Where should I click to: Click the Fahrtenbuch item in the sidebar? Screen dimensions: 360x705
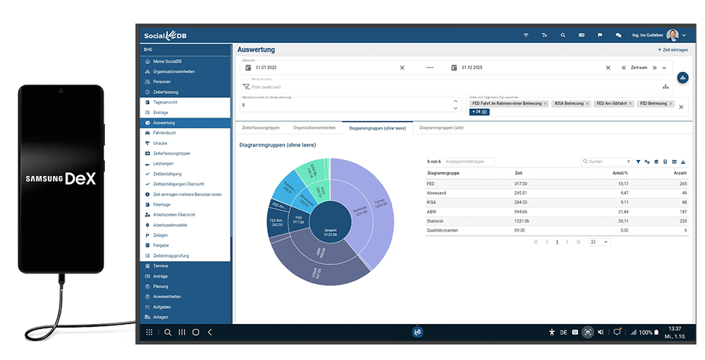pos(164,132)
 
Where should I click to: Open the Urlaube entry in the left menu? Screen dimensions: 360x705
pos(161,143)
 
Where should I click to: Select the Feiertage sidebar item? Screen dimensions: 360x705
pos(162,204)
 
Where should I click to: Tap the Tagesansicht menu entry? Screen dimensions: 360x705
pos(165,102)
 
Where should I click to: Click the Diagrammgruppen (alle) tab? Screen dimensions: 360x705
pos(441,128)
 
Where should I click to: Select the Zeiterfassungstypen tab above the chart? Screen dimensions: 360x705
pos(261,128)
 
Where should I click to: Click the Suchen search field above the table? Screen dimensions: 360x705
pos(606,161)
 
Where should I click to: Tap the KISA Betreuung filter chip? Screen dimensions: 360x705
pos(569,104)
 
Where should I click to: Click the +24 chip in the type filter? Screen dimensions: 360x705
pos(479,112)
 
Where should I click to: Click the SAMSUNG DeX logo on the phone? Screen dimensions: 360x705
pos(61,179)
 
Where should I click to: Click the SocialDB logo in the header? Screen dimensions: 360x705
pos(165,35)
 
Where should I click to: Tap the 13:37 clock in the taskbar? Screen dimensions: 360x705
pos(674,328)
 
